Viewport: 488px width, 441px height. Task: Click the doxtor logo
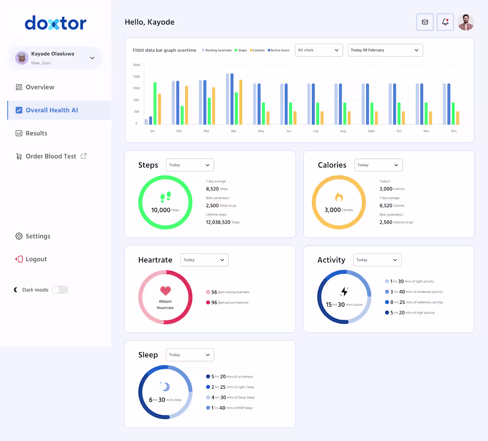[55, 23]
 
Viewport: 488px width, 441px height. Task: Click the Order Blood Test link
[51, 156]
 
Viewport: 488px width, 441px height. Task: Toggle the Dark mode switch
[60, 290]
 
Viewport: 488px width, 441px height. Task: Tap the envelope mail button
[425, 22]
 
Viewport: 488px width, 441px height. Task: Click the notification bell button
[445, 22]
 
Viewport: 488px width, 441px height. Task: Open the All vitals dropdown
[319, 50]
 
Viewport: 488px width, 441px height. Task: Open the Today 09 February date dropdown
[385, 50]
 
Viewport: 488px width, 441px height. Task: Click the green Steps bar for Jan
[155, 103]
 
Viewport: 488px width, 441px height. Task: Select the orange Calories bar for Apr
[241, 102]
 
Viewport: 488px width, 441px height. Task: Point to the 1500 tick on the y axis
[136, 77]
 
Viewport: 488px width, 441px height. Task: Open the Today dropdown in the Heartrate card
[204, 260]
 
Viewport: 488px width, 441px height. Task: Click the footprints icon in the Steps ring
[165, 197]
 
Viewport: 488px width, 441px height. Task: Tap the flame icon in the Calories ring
[339, 197]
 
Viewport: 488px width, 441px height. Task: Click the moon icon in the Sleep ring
[165, 387]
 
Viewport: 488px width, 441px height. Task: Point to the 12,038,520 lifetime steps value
[218, 222]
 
